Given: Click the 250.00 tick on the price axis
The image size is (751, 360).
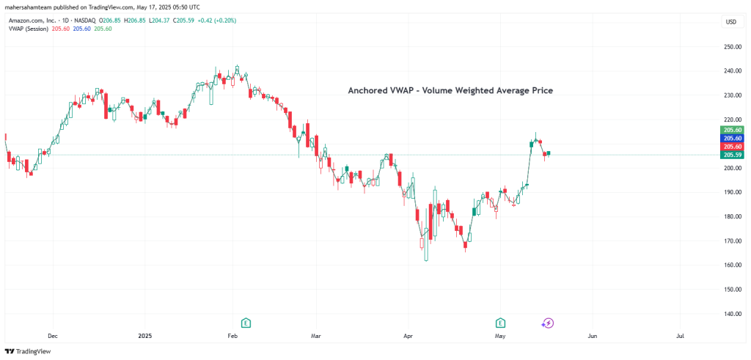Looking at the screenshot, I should click(731, 46).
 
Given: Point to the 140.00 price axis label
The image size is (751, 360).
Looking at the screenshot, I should click(731, 313).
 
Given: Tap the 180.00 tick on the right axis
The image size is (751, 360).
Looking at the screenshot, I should click(731, 216).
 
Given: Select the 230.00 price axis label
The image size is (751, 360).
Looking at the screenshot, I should click(731, 95).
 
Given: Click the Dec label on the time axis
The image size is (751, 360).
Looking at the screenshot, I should click(53, 335).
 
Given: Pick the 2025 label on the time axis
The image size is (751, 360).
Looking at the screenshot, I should click(144, 335).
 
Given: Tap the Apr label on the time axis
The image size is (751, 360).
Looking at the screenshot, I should click(408, 335).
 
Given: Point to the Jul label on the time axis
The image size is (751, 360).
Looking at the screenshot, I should click(680, 335).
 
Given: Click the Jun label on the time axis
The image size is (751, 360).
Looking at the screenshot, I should click(592, 335).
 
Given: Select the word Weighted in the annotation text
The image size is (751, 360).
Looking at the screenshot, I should click(477, 90).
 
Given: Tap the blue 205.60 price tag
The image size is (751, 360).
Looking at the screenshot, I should click(731, 138).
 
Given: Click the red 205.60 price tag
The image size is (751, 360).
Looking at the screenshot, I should click(731, 147).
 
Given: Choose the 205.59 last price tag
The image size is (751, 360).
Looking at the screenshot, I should click(731, 155).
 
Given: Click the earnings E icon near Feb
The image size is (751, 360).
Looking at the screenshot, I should click(246, 323).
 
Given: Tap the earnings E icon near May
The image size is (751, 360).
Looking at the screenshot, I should click(500, 323).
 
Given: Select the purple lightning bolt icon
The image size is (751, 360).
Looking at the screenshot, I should click(547, 323).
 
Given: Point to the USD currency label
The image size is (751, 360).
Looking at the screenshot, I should click(730, 22).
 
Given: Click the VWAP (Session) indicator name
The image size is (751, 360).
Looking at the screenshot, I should click(29, 29).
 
